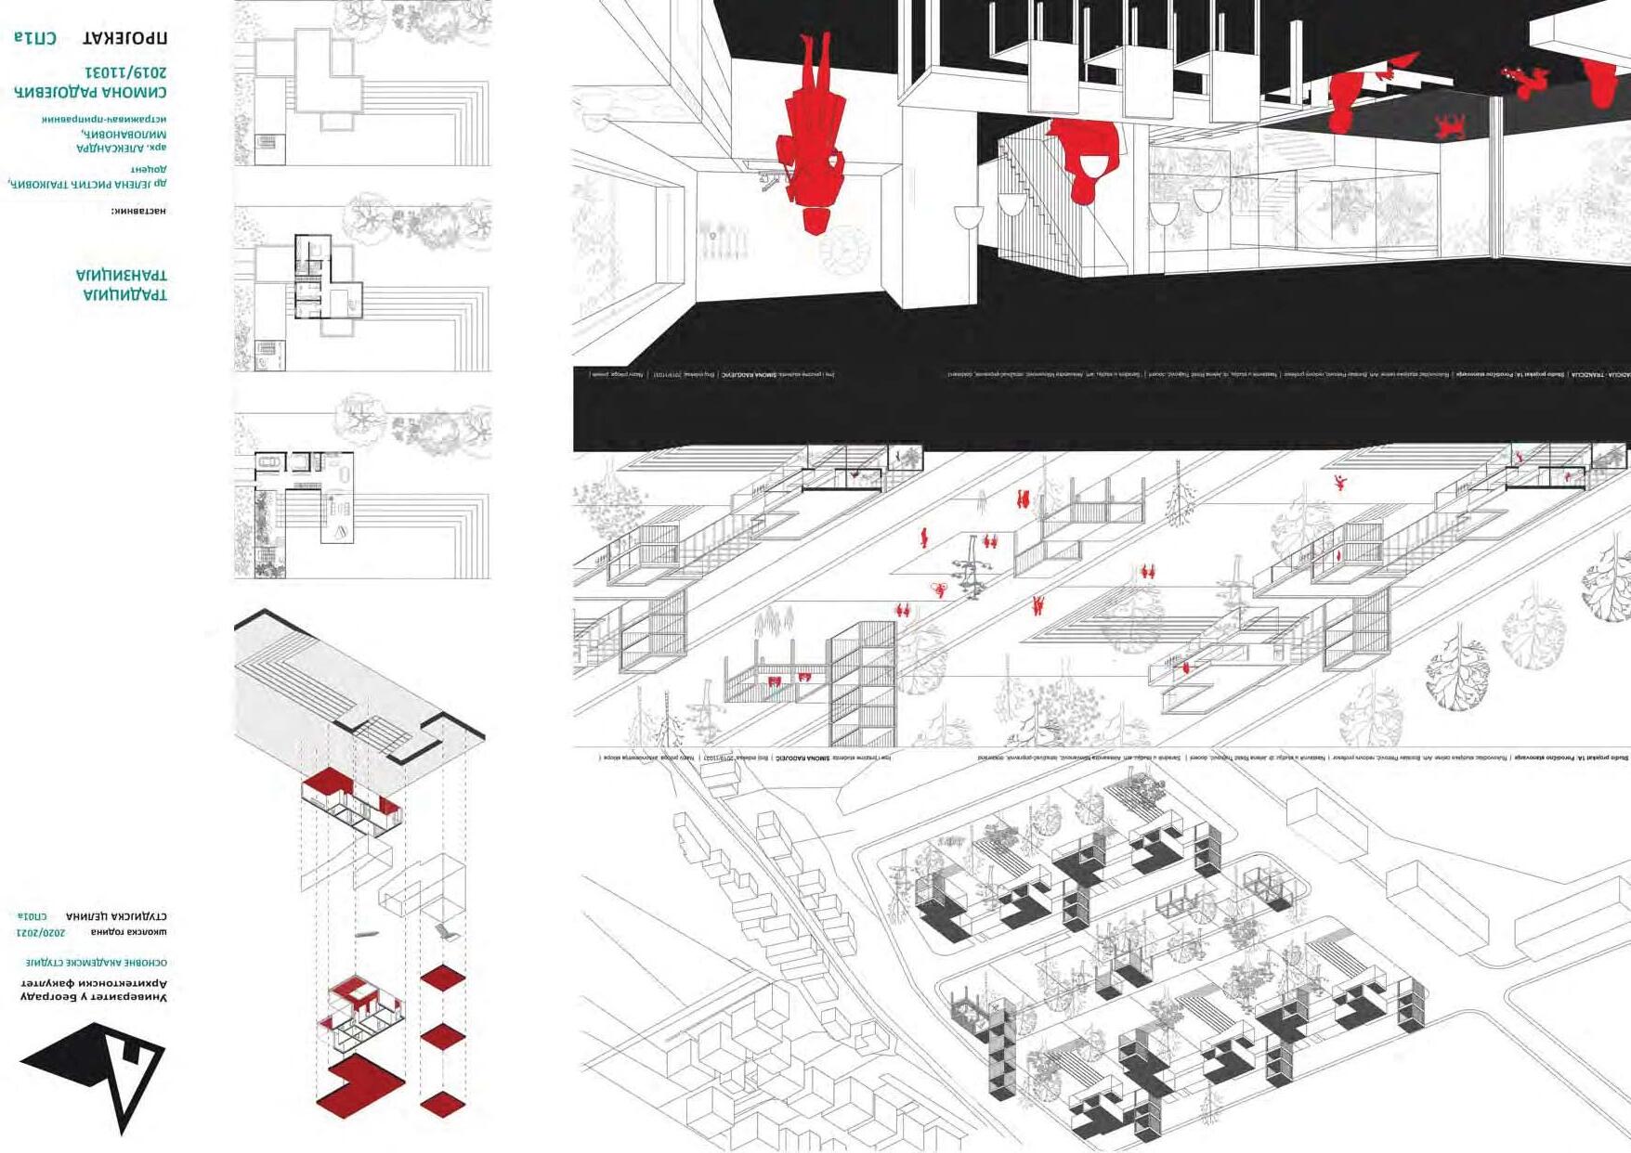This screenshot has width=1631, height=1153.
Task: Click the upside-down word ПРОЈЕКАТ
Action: (x=124, y=38)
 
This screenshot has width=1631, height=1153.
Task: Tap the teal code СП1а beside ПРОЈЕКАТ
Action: (x=35, y=38)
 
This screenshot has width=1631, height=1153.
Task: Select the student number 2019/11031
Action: (x=125, y=71)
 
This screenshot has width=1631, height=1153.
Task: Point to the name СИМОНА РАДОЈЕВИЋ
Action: (x=90, y=92)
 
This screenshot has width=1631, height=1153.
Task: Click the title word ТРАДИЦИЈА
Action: (x=125, y=295)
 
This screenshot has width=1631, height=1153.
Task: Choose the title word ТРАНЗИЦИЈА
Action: (x=122, y=276)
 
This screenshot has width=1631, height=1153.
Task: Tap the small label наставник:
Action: (x=138, y=211)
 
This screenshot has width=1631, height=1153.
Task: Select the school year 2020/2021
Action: (x=41, y=932)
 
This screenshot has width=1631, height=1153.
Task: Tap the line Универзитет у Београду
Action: (x=94, y=997)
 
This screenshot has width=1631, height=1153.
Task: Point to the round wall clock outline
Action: (x=843, y=249)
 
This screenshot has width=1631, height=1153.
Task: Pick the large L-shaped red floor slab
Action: (x=359, y=1083)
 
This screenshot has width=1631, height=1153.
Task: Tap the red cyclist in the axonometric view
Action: (x=940, y=589)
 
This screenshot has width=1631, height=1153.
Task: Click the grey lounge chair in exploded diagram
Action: (x=448, y=931)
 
